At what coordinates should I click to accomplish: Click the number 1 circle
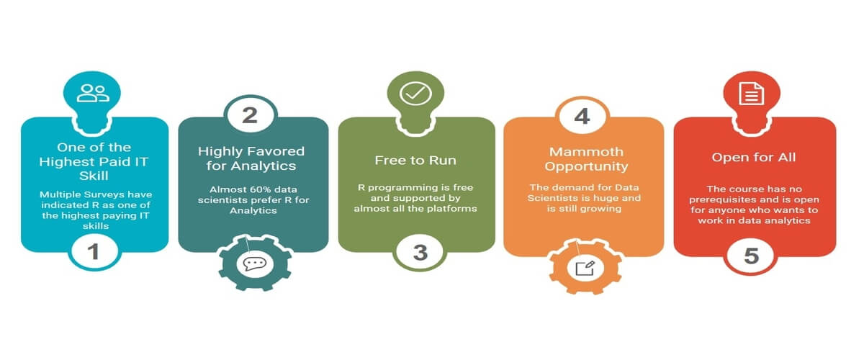(x=94, y=252)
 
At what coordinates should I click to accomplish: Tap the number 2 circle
(x=251, y=115)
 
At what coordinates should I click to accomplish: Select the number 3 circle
(x=420, y=252)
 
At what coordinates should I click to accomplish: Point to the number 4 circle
(x=582, y=116)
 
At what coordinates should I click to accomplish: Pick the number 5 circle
(x=751, y=256)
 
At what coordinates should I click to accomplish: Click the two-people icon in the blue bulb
(x=93, y=93)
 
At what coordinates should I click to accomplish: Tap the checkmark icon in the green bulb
(x=415, y=94)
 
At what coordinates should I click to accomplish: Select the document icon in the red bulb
(x=752, y=94)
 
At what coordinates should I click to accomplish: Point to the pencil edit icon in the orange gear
(x=585, y=268)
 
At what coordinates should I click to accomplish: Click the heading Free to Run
(x=415, y=160)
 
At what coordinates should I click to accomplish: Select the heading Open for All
(x=754, y=158)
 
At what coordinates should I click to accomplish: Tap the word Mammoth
(x=586, y=152)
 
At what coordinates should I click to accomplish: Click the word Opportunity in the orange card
(x=586, y=167)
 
